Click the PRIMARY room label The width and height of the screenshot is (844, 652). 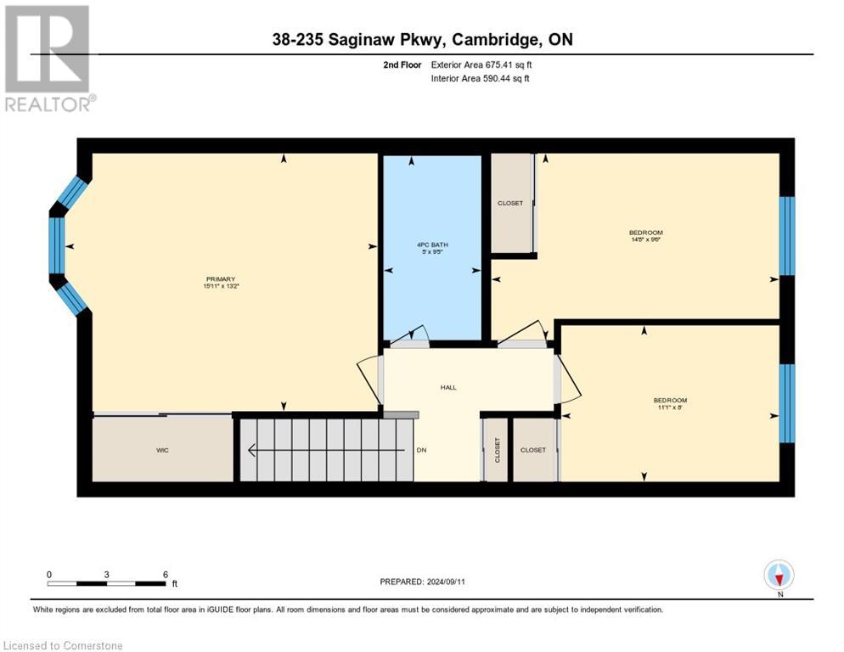(219, 279)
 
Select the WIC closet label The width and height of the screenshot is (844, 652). (162, 450)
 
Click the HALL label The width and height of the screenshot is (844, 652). (448, 387)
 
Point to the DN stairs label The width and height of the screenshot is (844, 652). (420, 450)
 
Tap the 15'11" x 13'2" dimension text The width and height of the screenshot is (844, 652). (219, 287)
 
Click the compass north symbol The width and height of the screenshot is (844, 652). (779, 575)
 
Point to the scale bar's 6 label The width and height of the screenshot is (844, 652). (165, 574)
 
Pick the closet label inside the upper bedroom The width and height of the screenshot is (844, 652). (510, 203)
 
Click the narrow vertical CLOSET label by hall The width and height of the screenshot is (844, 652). (498, 450)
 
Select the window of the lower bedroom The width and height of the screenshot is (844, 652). (786, 403)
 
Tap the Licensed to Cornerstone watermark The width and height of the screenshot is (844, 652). (64, 645)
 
